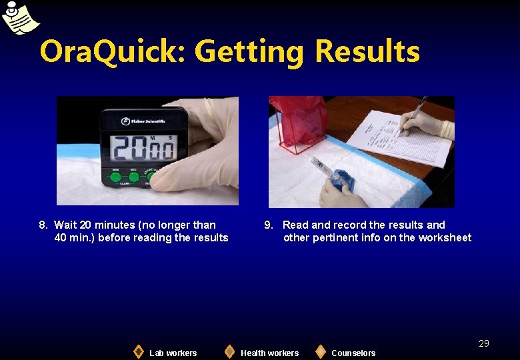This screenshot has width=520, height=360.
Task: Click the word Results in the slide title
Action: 367,52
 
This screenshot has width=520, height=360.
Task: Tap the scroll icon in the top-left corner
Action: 19,18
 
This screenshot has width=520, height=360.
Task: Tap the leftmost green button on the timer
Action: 115,177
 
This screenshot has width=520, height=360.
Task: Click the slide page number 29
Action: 484,343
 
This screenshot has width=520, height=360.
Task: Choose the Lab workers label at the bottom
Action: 173,353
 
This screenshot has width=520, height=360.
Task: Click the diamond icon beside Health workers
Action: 229,351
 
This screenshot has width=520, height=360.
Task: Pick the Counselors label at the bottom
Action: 353,353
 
